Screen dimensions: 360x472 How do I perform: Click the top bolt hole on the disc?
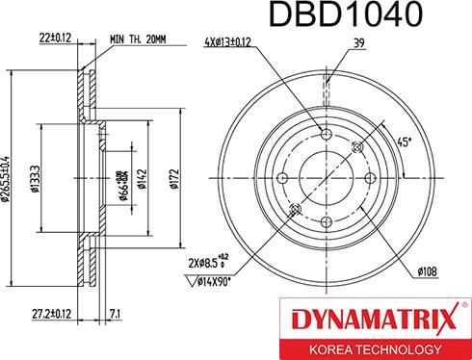[x=327, y=133]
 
